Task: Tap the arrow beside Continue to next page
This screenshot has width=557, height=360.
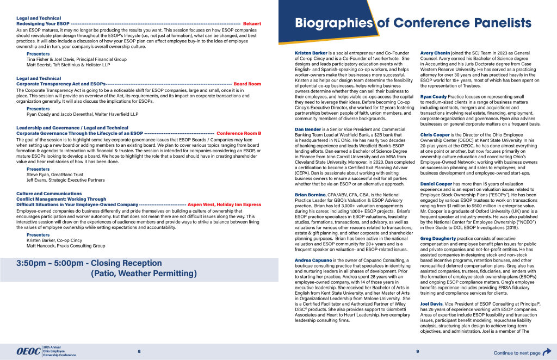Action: [x=547, y=352]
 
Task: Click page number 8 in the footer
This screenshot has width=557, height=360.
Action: [x=139, y=352]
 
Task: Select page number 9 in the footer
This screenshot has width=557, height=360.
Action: [x=417, y=352]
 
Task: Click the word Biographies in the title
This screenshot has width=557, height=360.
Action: [x=334, y=23]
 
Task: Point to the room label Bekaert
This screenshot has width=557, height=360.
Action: [x=252, y=24]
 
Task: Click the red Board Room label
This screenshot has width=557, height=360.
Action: [x=247, y=84]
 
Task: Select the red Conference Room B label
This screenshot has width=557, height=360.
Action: [x=239, y=133]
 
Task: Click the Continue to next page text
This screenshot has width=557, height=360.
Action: [x=517, y=353]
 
